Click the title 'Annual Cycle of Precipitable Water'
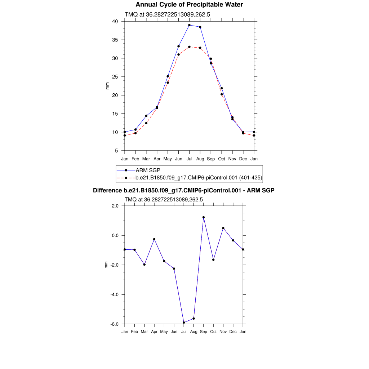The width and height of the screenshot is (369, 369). pyautogui.click(x=189, y=5)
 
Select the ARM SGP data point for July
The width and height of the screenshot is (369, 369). pyautogui.click(x=189, y=25)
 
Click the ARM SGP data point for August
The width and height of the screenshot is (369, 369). pyautogui.click(x=200, y=27)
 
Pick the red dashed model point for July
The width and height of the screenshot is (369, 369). pyautogui.click(x=189, y=47)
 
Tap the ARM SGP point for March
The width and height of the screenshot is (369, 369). pyautogui.click(x=146, y=116)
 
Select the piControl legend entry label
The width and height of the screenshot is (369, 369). pyautogui.click(x=198, y=178)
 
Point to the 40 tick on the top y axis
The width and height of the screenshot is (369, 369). pyautogui.click(x=115, y=21)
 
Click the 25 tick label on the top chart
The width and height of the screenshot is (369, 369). pyautogui.click(x=115, y=77)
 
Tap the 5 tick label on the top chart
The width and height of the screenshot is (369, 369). pyautogui.click(x=116, y=151)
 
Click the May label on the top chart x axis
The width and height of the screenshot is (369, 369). pyautogui.click(x=168, y=159)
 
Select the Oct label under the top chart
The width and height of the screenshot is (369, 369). pyautogui.click(x=222, y=159)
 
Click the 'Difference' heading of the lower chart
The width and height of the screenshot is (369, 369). pyautogui.click(x=184, y=190)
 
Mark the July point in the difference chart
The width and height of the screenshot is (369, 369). pyautogui.click(x=184, y=323)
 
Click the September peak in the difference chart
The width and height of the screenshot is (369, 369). pyautogui.click(x=204, y=217)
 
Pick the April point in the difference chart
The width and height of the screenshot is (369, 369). pyautogui.click(x=154, y=239)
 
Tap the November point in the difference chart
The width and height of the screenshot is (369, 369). pyautogui.click(x=223, y=228)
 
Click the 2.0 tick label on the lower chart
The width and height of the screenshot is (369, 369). pyautogui.click(x=115, y=206)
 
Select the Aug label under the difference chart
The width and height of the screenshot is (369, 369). pyautogui.click(x=194, y=332)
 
